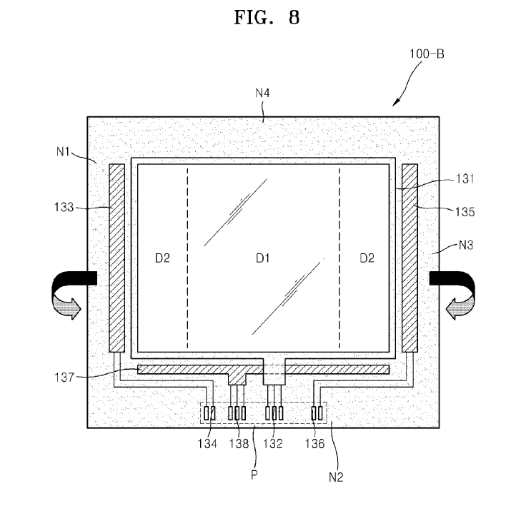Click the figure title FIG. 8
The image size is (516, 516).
click(267, 17)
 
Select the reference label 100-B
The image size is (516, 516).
click(427, 54)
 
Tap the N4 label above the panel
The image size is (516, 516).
click(262, 93)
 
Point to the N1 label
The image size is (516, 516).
click(63, 152)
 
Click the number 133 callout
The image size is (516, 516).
click(64, 207)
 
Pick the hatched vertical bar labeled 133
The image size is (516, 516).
click(117, 258)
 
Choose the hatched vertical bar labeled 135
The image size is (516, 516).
click(410, 258)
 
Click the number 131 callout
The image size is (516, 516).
click(465, 178)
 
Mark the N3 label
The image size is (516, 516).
click(466, 246)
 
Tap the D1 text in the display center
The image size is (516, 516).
click(262, 258)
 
